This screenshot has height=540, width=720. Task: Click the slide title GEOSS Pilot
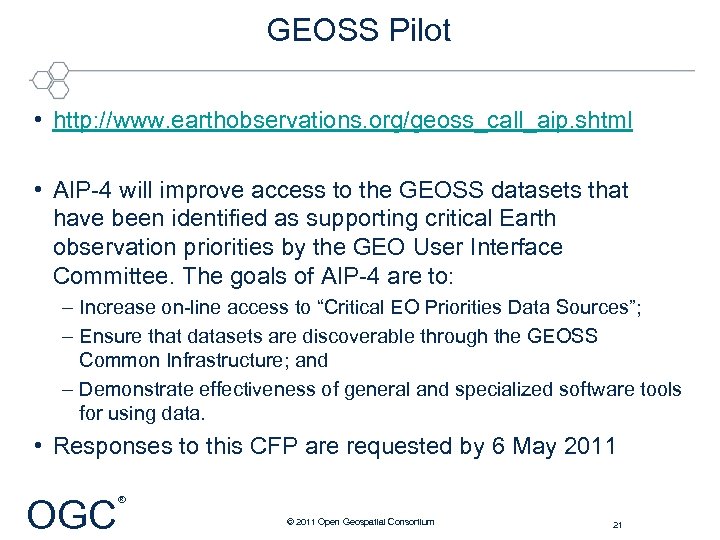pos(358,30)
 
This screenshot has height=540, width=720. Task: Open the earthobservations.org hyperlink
pos(342,121)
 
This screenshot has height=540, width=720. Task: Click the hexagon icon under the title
pos(50,77)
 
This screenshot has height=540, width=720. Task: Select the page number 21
pos(617,523)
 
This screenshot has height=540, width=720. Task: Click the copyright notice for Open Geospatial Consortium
pos(359,522)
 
